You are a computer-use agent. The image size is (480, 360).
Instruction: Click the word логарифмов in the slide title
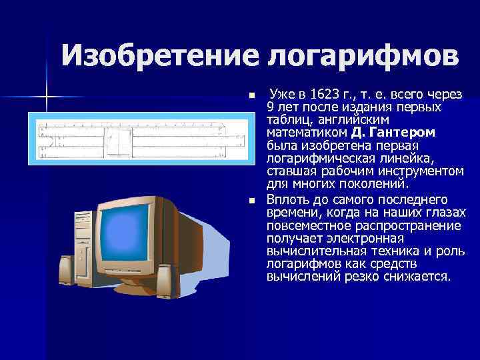click(x=363, y=56)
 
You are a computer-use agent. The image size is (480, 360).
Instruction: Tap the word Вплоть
click(x=286, y=200)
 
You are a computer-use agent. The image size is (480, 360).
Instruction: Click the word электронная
click(x=359, y=238)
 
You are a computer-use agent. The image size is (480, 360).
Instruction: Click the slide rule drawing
click(x=141, y=139)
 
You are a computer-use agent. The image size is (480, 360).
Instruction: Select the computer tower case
click(x=83, y=240)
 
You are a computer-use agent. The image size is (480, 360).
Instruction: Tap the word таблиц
click(x=284, y=119)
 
